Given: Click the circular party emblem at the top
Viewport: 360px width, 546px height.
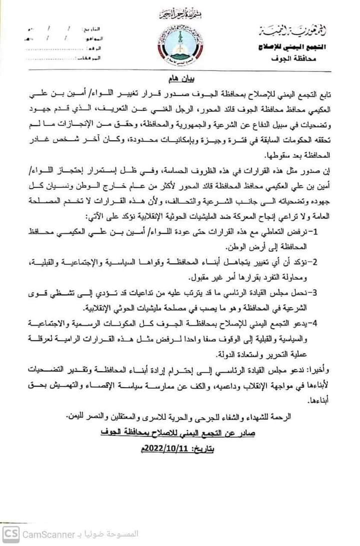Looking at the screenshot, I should [180, 43].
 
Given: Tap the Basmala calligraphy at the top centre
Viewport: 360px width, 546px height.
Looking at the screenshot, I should [179, 12].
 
